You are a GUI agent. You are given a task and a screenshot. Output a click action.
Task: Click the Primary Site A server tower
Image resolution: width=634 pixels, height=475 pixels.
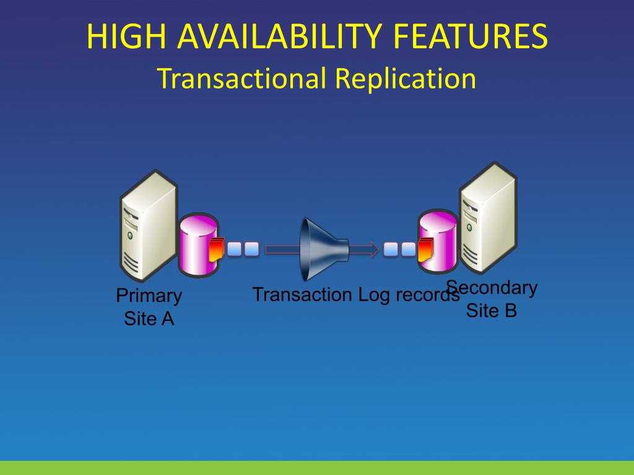point(147,226)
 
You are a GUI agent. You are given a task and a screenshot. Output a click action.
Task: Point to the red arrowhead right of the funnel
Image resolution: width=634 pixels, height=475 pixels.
point(373,250)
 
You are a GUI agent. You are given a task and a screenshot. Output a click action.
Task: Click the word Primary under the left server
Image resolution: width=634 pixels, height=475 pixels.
point(149,296)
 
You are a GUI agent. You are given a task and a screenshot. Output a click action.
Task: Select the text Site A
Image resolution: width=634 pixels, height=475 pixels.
point(149,319)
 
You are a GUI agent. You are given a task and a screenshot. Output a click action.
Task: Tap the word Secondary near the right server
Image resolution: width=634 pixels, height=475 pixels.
point(493,288)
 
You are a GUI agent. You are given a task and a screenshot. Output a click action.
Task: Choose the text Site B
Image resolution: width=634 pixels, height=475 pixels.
point(491,310)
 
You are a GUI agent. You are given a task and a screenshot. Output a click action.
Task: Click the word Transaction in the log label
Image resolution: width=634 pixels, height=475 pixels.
point(302,294)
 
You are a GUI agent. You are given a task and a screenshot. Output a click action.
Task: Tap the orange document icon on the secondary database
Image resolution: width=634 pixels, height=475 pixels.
point(426,250)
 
